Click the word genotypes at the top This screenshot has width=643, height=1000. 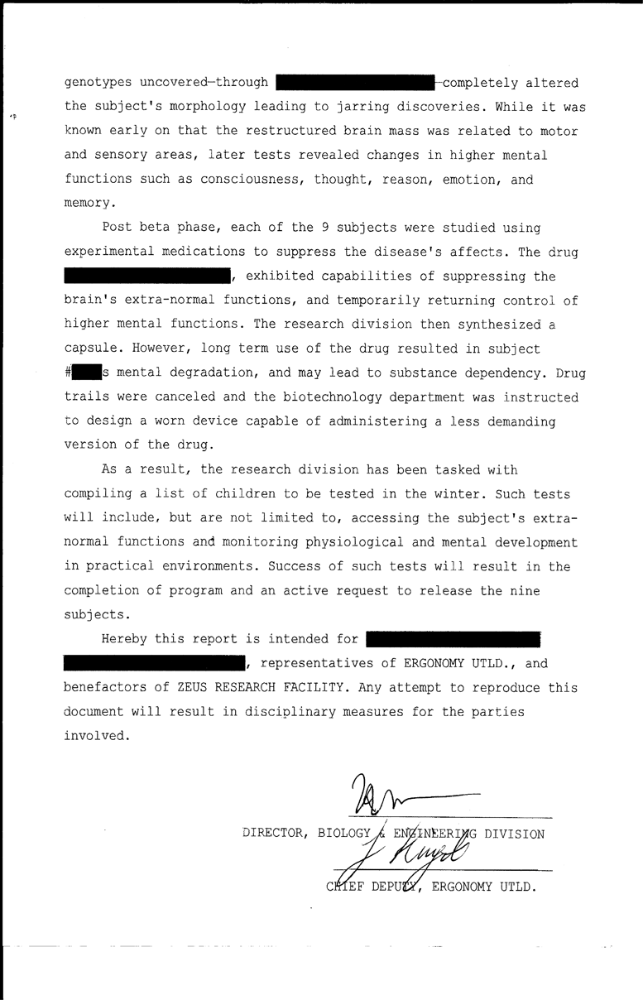click(98, 83)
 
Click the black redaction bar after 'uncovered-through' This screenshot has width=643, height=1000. click(355, 83)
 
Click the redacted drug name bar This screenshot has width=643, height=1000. click(147, 276)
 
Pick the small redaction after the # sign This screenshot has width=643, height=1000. click(86, 373)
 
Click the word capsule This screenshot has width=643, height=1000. click(94, 349)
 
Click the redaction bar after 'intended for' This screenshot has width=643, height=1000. click(453, 639)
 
